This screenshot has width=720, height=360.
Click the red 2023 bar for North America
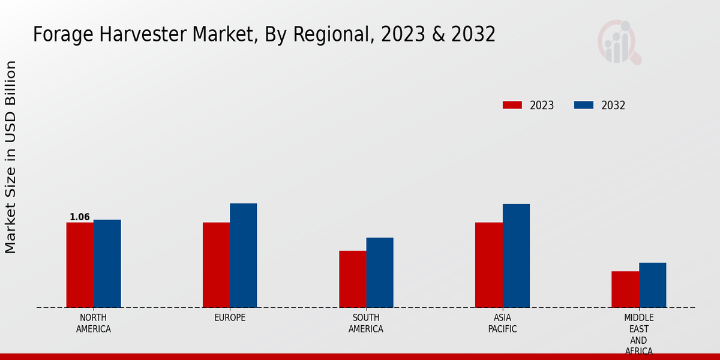(80, 265)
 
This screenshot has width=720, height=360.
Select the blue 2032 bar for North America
(107, 263)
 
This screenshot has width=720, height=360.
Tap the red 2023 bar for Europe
(216, 265)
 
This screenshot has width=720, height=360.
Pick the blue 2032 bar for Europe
(243, 256)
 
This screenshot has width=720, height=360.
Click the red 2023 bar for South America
(352, 279)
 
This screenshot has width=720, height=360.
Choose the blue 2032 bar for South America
(380, 272)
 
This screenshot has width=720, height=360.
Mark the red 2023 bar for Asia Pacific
(488, 265)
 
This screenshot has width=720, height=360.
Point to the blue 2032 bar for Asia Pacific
(516, 256)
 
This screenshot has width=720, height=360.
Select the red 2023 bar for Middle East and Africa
(625, 289)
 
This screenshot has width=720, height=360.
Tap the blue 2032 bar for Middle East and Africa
(652, 285)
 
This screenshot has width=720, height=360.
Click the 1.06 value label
(80, 217)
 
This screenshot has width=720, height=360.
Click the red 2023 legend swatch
(512, 105)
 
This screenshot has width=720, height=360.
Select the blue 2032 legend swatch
(583, 105)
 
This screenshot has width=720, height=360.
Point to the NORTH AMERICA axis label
(94, 323)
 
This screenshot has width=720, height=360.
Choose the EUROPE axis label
(230, 318)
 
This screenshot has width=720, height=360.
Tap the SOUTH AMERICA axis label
(366, 323)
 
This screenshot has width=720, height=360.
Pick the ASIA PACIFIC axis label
(502, 323)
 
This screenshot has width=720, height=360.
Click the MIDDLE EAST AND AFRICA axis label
(639, 334)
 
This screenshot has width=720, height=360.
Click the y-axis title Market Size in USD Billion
(11, 157)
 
